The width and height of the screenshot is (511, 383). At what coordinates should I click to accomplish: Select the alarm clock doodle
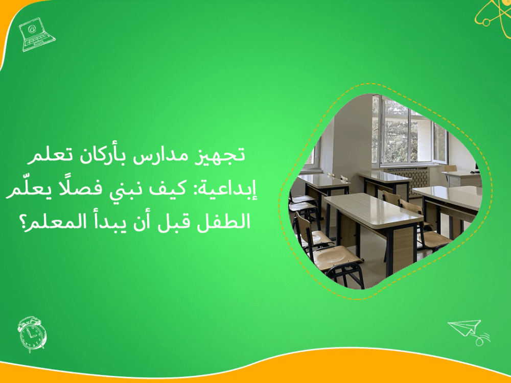click(32, 334)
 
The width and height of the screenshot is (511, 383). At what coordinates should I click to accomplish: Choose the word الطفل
click(232, 222)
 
